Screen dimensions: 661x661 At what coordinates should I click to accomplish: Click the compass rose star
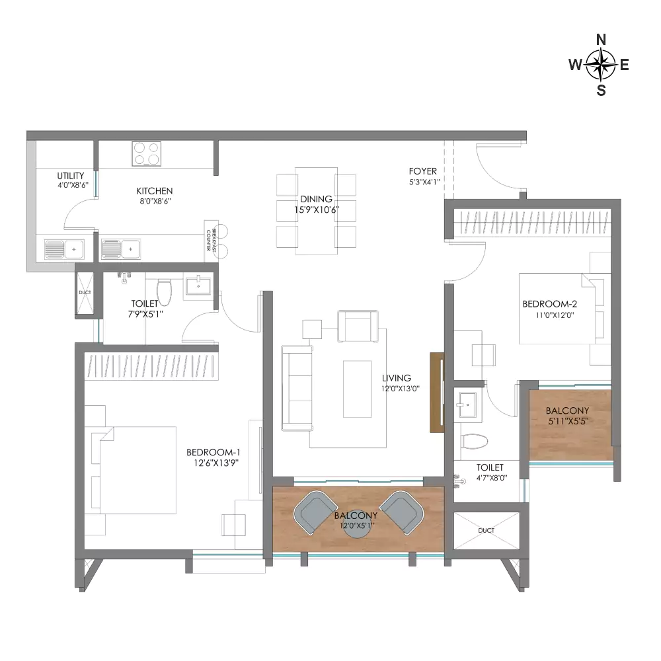(601, 65)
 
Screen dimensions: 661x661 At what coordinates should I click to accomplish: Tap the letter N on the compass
(601, 40)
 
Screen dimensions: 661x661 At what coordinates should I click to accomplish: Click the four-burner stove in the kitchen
(146, 153)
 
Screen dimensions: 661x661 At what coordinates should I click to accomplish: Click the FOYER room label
(423, 171)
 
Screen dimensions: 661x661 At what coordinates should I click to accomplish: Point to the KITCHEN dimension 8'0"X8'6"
(155, 202)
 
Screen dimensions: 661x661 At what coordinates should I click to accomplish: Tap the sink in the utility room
(64, 249)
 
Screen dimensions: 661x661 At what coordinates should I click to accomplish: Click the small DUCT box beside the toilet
(85, 292)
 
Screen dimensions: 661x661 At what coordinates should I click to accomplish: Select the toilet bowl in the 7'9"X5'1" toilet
(164, 291)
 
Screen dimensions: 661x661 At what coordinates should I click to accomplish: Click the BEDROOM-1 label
(214, 452)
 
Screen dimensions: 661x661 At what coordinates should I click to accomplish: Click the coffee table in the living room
(357, 389)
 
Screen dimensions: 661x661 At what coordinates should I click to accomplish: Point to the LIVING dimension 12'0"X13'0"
(401, 389)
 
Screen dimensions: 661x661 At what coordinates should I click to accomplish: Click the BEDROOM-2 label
(550, 304)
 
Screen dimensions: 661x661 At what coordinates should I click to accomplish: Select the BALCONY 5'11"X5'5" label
(567, 415)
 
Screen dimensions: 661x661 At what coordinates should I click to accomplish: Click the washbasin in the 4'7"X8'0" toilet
(468, 405)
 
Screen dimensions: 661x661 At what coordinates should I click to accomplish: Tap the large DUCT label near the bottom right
(486, 530)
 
